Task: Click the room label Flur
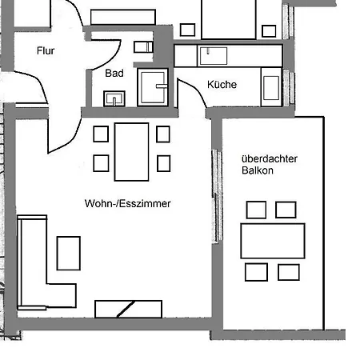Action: point(46,51)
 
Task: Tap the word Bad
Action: point(114,73)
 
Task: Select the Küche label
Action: point(222,85)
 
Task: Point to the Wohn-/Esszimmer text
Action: point(128,204)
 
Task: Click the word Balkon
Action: point(255,171)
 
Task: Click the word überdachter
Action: point(269,158)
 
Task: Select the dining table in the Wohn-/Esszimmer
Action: point(132,151)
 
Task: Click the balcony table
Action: point(273,240)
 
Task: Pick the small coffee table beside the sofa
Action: point(69,253)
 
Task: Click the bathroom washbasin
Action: point(115,98)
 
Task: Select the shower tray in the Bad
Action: point(152,87)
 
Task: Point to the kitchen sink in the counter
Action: point(213,55)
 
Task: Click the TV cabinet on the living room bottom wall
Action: point(128,309)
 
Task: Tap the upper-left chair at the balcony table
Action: point(256,210)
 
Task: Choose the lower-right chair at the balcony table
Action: point(289,272)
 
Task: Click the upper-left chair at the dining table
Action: point(102,134)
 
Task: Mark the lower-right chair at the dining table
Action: point(163,163)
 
